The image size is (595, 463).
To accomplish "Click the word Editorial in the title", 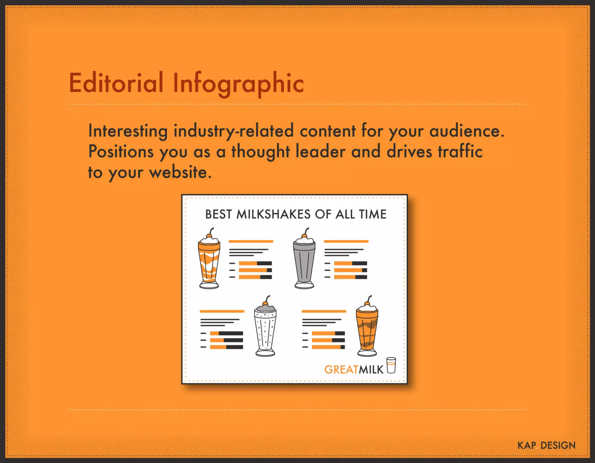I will click(x=116, y=83).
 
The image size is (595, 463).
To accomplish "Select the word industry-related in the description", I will click(x=234, y=131).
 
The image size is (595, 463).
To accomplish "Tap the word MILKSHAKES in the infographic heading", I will click(x=273, y=214).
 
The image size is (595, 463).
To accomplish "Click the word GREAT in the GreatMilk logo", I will click(x=341, y=370).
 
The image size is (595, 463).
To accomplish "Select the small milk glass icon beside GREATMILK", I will click(x=391, y=365).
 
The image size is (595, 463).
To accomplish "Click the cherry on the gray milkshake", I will click(x=304, y=236).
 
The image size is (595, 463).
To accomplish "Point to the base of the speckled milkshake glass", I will click(x=265, y=353).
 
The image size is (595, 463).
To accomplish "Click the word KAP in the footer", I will click(x=526, y=446).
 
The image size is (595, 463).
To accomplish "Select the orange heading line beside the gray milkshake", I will click(x=346, y=242).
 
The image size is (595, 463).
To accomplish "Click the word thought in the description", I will click(x=261, y=152).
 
